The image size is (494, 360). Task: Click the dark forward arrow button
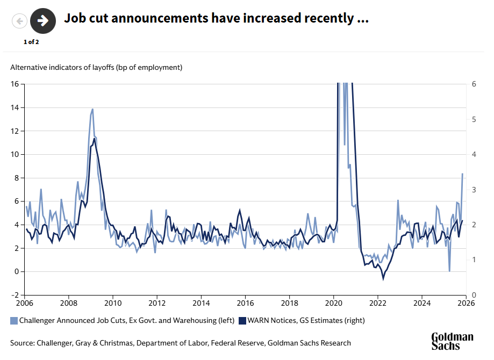pyautogui.click(x=44, y=21)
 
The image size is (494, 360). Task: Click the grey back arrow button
pyautogui.click(x=20, y=21)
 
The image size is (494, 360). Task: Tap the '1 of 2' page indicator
pyautogui.click(x=31, y=41)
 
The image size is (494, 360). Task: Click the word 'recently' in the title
pyautogui.click(x=327, y=18)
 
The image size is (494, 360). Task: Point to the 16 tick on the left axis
pyautogui.click(x=15, y=84)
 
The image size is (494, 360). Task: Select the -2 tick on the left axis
pyautogui.click(x=15, y=295)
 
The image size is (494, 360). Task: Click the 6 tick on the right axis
pyautogui.click(x=474, y=84)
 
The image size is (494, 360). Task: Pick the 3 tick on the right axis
pyautogui.click(x=474, y=190)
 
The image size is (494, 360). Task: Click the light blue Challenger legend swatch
pyautogui.click(x=14, y=321)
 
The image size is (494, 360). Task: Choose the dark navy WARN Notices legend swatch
pyautogui.click(x=242, y=321)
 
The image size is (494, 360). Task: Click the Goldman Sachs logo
pyautogui.click(x=452, y=341)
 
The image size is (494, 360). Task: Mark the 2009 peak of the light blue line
pyautogui.click(x=92, y=109)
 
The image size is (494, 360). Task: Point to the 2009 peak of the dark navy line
pyautogui.click(x=95, y=139)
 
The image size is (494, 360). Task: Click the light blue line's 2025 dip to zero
pyautogui.click(x=449, y=271)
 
